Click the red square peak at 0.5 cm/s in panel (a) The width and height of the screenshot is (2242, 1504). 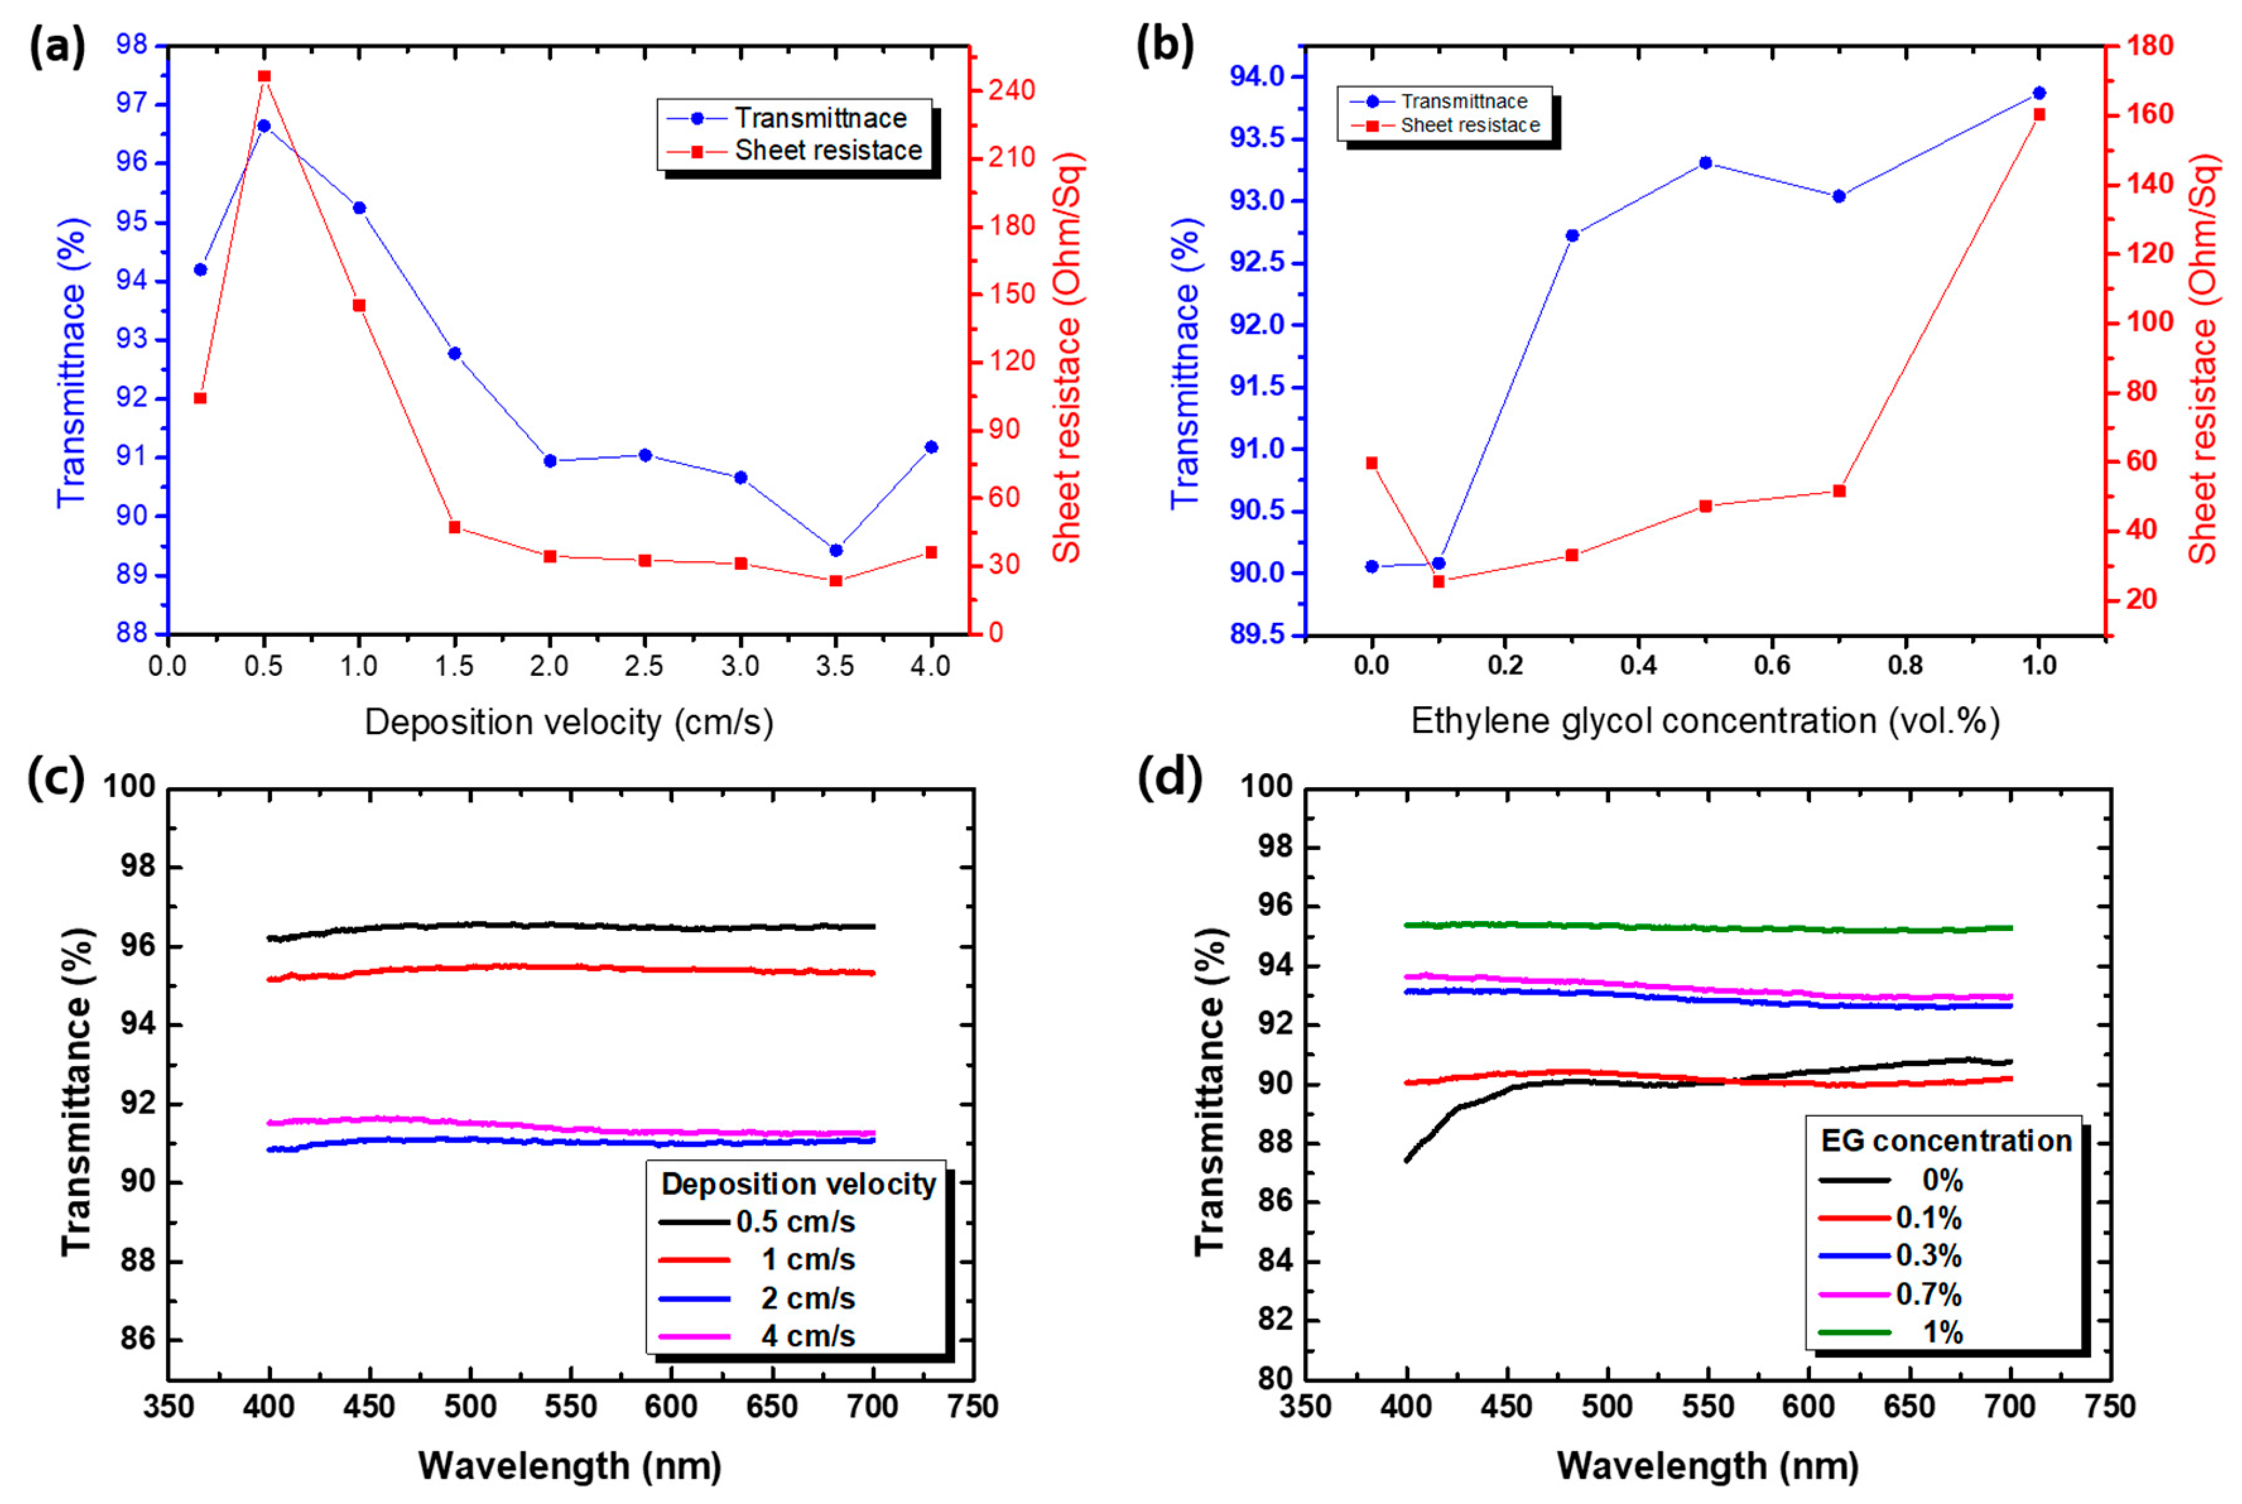click(x=264, y=76)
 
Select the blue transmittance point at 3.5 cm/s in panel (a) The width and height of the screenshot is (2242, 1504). click(x=836, y=550)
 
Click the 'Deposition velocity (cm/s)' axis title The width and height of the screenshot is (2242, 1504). click(x=569, y=722)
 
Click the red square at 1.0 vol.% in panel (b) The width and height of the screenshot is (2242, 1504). click(x=2039, y=114)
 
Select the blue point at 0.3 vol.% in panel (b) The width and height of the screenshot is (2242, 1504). click(x=1572, y=235)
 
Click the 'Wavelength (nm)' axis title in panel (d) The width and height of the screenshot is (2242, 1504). click(x=1707, y=1466)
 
